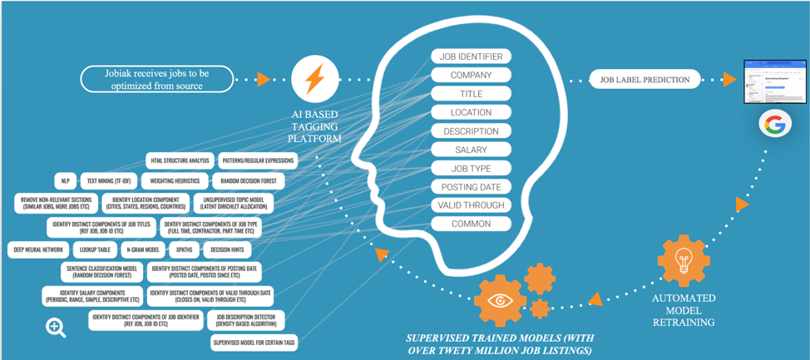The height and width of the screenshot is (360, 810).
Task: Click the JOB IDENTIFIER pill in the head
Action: [471, 57]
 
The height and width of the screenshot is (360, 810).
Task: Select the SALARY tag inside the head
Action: [471, 150]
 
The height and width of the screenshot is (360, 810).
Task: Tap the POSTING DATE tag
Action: [471, 187]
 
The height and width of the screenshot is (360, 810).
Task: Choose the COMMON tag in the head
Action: [471, 224]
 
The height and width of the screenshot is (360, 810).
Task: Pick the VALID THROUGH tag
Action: [471, 205]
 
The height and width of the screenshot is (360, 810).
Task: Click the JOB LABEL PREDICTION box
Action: [645, 80]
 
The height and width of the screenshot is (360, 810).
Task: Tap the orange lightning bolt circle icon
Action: [314, 80]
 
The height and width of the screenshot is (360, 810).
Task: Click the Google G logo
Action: [775, 126]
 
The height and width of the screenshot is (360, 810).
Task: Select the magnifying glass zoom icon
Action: [56, 327]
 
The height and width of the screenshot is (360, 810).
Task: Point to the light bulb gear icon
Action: [684, 259]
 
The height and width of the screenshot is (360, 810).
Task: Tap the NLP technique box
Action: [65, 180]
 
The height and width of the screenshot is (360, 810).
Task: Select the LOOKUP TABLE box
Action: [96, 249]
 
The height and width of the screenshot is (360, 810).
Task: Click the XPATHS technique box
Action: [185, 249]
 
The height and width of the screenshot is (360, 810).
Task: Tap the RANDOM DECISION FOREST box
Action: [249, 180]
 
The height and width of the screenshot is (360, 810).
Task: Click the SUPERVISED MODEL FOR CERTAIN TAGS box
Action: [254, 342]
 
